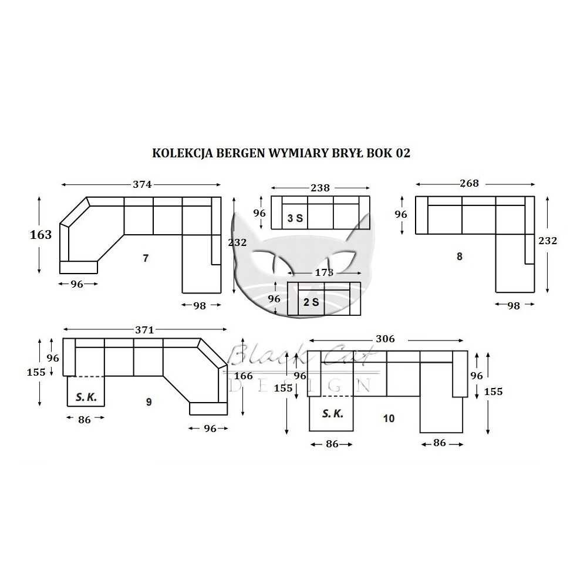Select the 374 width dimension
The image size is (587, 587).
click(x=142, y=184)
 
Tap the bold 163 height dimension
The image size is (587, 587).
click(x=41, y=235)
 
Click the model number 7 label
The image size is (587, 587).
click(x=146, y=258)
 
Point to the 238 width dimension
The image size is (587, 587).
click(x=320, y=188)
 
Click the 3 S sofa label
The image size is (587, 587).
click(x=295, y=219)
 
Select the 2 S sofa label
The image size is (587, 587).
click(x=311, y=303)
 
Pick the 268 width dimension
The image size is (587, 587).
click(x=469, y=183)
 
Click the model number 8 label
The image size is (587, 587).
click(x=459, y=257)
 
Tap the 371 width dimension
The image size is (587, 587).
click(x=144, y=330)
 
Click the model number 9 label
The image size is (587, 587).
click(x=149, y=402)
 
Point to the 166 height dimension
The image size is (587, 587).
click(x=242, y=376)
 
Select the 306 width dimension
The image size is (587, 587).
click(x=385, y=339)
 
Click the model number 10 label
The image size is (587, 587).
click(x=389, y=419)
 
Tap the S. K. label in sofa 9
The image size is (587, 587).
click(x=86, y=397)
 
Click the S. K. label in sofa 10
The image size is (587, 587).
click(x=332, y=414)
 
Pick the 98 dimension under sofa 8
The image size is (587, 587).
click(x=514, y=305)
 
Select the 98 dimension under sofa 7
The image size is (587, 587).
click(x=200, y=305)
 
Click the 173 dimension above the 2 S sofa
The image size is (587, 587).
click(x=323, y=272)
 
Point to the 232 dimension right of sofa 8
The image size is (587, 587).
click(x=547, y=241)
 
